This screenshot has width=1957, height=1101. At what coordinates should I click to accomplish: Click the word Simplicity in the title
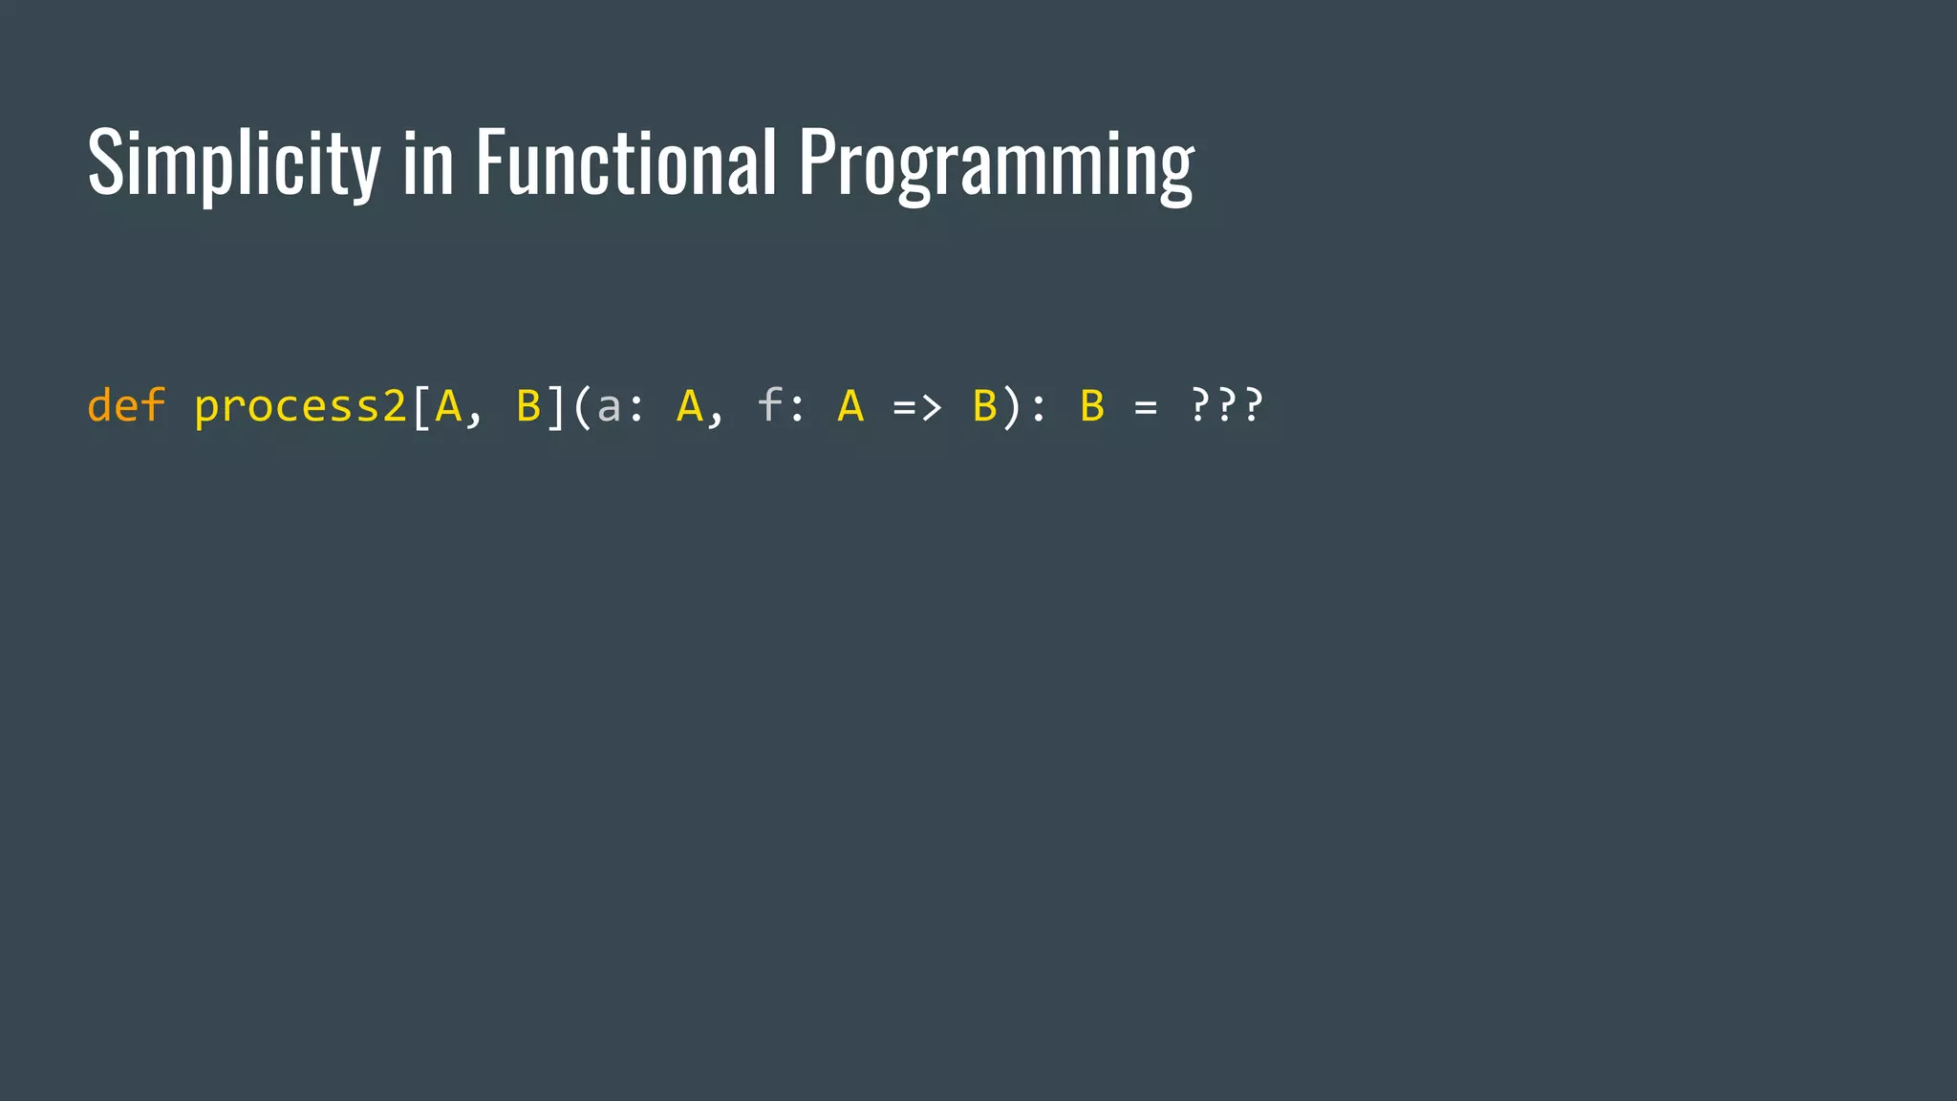tap(233, 162)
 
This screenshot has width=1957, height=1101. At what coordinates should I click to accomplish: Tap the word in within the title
tap(427, 164)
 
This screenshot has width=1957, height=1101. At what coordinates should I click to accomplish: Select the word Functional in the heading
tap(626, 162)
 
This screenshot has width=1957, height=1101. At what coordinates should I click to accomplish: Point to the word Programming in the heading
tap(996, 164)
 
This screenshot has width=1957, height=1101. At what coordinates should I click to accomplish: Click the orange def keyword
tap(126, 405)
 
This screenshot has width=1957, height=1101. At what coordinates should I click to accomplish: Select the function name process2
tap(300, 407)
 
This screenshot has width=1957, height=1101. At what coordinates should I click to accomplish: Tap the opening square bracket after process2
tap(420, 406)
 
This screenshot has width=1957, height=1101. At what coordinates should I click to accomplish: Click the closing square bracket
tap(555, 406)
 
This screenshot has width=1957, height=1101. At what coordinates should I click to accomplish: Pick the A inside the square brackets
tap(447, 405)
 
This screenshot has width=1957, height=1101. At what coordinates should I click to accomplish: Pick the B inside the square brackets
tap(528, 405)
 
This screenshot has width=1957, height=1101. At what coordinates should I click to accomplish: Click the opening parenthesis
tap(582, 406)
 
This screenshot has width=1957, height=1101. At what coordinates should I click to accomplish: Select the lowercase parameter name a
tap(609, 407)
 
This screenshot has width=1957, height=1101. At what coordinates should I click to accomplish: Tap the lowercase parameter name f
tap(769, 405)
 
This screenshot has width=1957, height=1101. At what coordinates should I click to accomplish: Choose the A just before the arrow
tap(850, 405)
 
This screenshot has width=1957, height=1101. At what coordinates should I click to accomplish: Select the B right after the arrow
tap(984, 405)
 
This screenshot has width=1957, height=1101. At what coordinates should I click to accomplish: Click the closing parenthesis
tap(1011, 406)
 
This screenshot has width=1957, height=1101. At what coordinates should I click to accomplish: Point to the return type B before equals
tap(1092, 405)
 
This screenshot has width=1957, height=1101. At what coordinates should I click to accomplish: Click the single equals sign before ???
tap(1146, 409)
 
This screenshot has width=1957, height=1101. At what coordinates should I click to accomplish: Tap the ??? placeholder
tap(1227, 405)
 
